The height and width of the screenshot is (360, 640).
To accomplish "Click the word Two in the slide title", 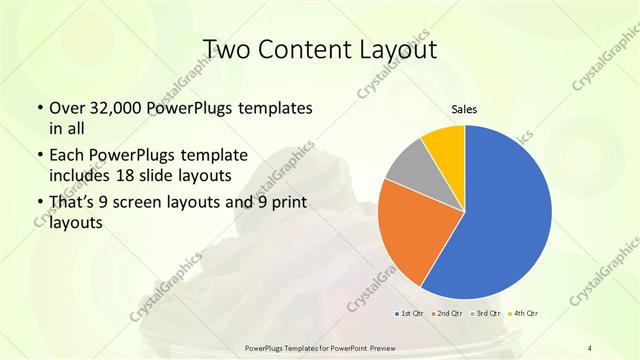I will tap(228, 50).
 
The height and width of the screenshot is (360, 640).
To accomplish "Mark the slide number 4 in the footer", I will tap(590, 347).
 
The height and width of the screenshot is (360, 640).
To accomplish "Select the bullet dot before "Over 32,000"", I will tap(39, 108).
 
